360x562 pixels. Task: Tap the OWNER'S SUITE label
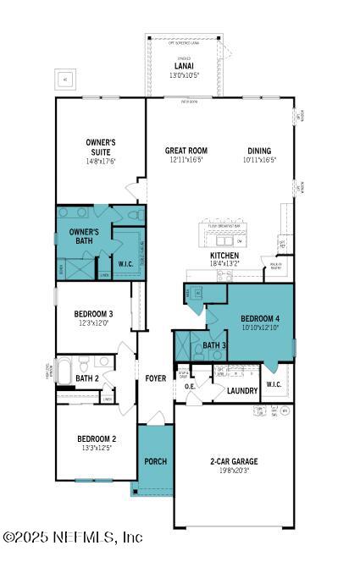click(100, 146)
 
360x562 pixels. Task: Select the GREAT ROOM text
click(186, 151)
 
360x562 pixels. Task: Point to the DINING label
click(260, 151)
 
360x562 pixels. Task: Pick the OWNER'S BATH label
click(84, 236)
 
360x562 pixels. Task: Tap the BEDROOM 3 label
click(93, 313)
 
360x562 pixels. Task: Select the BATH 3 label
click(214, 345)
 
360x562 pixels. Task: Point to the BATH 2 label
click(88, 377)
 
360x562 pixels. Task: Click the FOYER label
click(155, 377)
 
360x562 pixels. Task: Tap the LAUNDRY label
click(242, 390)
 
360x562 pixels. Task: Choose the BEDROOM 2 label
click(96, 438)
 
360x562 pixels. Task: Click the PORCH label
click(155, 461)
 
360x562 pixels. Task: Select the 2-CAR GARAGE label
click(235, 461)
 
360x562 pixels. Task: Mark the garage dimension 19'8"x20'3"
click(235, 471)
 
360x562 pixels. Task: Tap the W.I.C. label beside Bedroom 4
click(273, 384)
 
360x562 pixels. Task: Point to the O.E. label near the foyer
click(191, 387)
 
